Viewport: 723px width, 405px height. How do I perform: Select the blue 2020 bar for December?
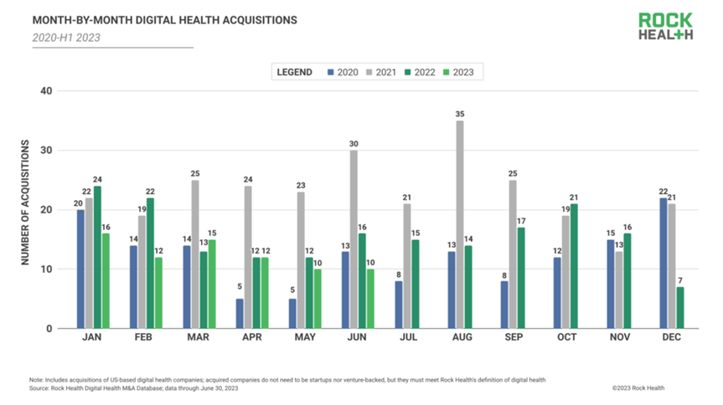664,263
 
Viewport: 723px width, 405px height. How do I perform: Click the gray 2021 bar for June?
353,239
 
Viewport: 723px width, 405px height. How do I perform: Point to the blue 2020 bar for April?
240,313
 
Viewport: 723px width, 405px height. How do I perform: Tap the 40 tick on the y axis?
47,91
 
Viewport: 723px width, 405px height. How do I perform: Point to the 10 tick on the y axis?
47,269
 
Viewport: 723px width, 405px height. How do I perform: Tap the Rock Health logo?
665,26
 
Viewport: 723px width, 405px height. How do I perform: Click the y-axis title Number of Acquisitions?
25,203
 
